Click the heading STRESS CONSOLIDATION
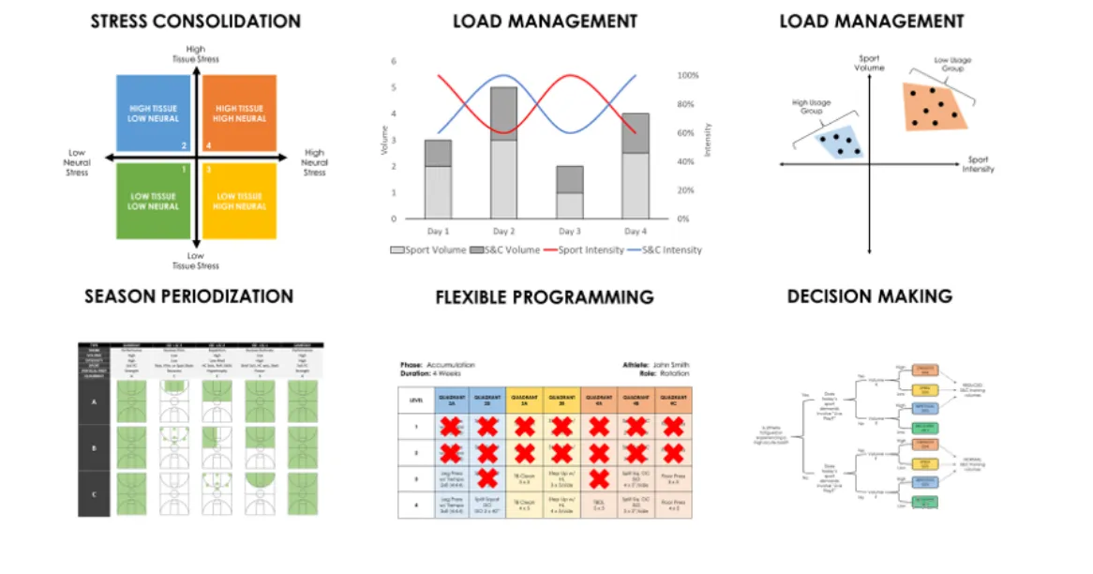coord(196,21)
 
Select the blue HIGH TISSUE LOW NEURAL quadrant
coord(153,113)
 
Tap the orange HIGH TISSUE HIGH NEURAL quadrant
coord(239,113)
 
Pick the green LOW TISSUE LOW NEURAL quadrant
coord(153,201)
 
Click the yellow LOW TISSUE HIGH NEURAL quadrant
coord(239,201)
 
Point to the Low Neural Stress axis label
coord(77,162)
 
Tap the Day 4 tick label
coord(636,232)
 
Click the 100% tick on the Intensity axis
coord(688,75)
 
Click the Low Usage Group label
coord(952,64)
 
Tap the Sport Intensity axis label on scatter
coord(978,164)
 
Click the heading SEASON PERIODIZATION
coord(188,296)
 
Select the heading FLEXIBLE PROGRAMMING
coord(545,297)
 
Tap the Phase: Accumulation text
coord(437,364)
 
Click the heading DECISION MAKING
coord(870,296)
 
